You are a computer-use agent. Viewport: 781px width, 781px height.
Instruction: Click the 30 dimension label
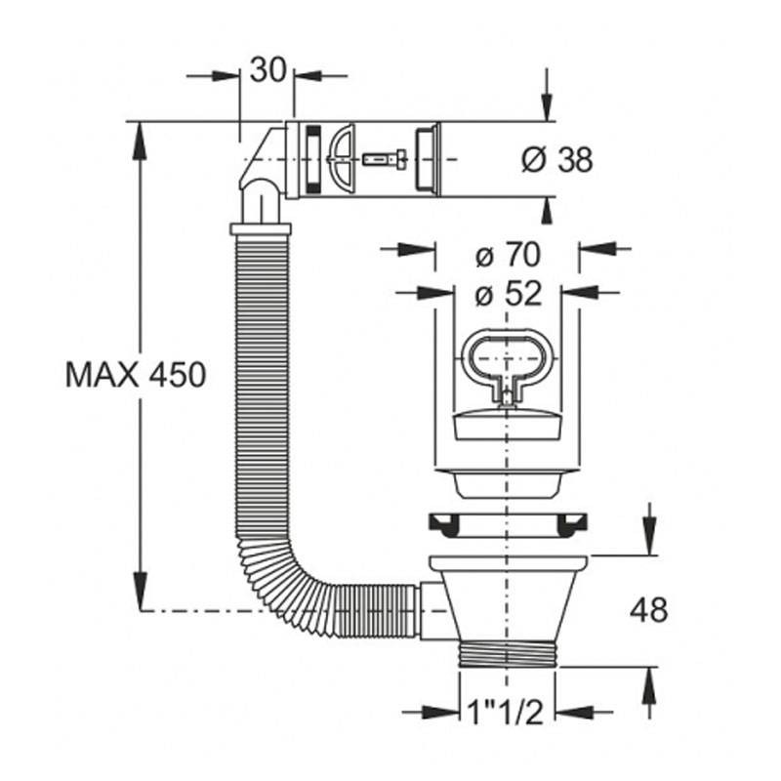(268, 69)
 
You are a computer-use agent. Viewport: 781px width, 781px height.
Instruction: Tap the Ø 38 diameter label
(556, 160)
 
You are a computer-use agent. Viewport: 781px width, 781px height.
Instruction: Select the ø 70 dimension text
(508, 255)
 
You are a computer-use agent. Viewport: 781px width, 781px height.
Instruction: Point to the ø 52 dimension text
(508, 295)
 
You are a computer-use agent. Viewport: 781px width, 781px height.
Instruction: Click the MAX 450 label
(136, 375)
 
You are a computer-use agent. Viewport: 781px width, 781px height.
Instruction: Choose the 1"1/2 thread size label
(506, 713)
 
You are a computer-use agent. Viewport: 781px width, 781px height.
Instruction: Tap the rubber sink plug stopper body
(508, 424)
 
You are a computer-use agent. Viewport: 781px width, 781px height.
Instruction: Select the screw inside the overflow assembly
(385, 160)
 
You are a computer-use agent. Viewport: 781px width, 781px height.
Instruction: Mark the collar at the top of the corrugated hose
(260, 228)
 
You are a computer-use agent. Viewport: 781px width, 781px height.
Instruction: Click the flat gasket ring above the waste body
(508, 525)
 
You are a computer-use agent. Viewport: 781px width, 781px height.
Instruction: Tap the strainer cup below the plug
(507, 482)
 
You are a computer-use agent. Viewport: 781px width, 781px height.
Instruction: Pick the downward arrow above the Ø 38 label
(547, 95)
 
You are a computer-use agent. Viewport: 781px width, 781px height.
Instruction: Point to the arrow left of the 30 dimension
(213, 76)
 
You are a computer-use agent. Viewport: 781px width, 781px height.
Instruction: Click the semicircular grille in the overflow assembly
(341, 159)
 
